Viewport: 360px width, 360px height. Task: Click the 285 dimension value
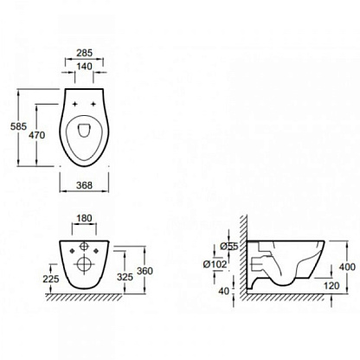tap(84, 53)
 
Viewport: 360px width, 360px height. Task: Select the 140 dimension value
tap(84, 67)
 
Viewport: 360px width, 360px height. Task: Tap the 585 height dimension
tap(18, 126)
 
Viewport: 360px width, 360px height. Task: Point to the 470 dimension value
tap(37, 135)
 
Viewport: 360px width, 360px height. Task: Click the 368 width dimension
tap(84, 185)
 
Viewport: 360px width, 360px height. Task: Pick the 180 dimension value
tap(84, 218)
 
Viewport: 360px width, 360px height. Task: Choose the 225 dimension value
tap(51, 279)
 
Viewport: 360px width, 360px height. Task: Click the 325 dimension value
tap(125, 277)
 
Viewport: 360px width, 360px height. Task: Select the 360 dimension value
tap(145, 271)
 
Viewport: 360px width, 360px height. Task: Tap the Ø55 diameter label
tap(229, 247)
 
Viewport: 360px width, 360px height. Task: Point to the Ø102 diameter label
tap(215, 264)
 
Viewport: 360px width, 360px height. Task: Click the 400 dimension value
tap(347, 267)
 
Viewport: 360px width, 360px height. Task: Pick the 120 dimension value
tap(331, 286)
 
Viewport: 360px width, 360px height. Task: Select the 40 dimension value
tap(223, 292)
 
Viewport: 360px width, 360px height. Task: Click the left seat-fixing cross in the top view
tap(75, 104)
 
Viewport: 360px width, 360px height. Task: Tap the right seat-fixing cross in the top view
tap(93, 104)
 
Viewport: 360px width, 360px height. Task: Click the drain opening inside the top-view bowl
tap(84, 131)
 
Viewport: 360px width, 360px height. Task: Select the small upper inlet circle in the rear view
tap(84, 246)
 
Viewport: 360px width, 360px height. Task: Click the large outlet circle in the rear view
tap(84, 264)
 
